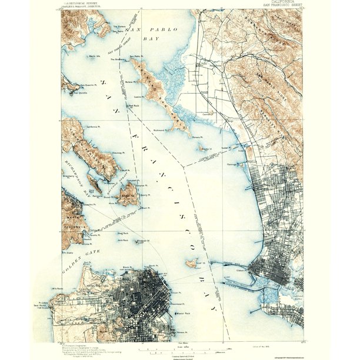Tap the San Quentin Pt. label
87,84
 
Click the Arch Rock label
122,240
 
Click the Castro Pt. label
139,96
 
